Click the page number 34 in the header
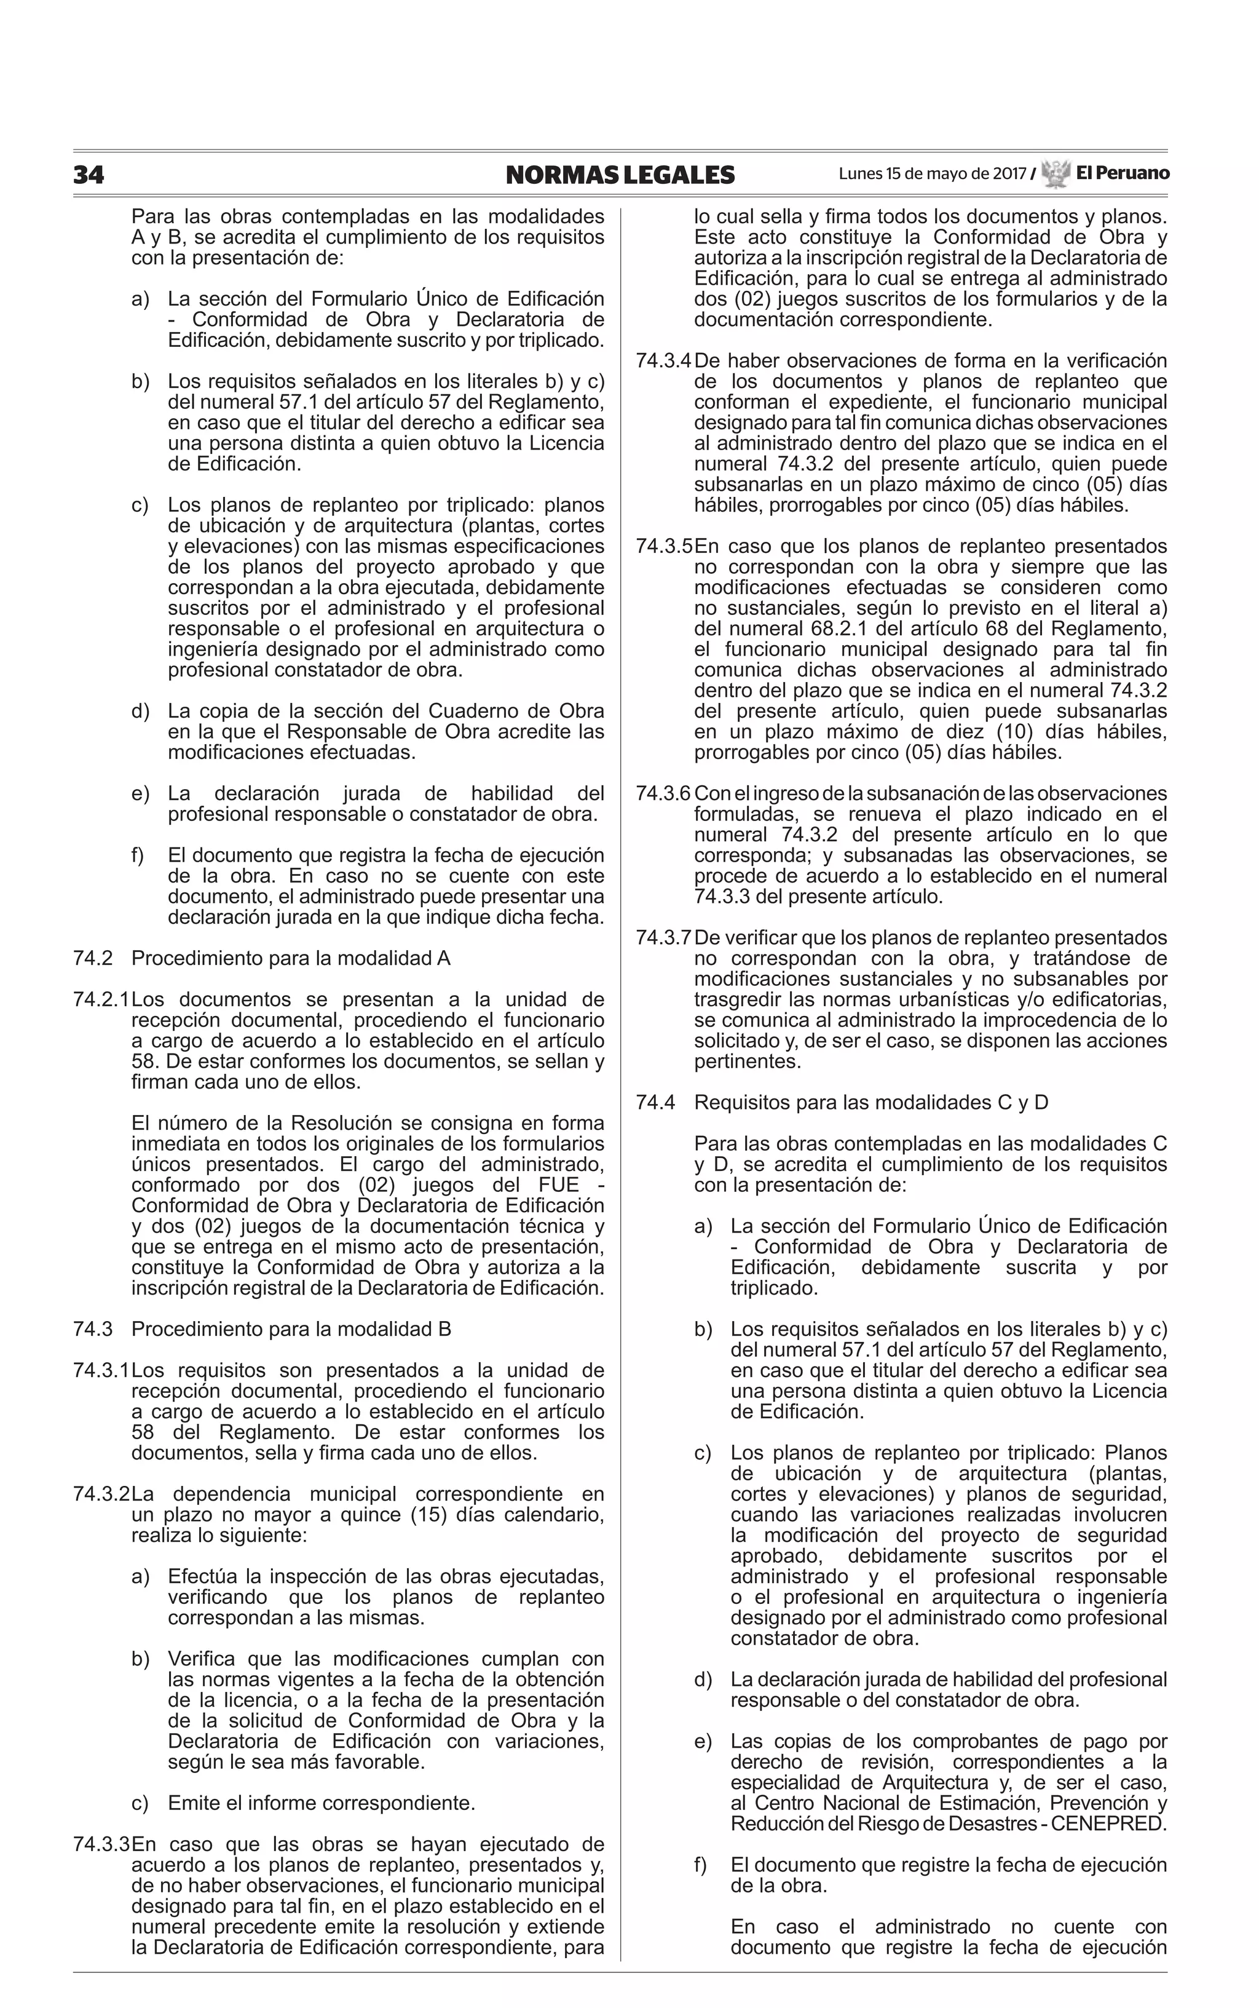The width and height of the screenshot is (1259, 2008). click(x=89, y=175)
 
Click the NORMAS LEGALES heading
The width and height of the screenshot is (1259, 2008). click(x=620, y=175)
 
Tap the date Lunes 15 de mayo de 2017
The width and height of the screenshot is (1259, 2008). click(x=932, y=174)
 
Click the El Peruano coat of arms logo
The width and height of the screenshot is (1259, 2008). click(x=1055, y=174)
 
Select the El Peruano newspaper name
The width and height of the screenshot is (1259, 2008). click(x=1122, y=173)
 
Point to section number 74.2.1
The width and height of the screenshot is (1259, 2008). click(x=101, y=999)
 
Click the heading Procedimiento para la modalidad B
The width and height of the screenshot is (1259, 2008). click(x=291, y=1329)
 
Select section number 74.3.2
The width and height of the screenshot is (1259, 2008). click(x=101, y=1494)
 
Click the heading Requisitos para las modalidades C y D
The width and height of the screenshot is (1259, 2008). click(x=871, y=1103)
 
